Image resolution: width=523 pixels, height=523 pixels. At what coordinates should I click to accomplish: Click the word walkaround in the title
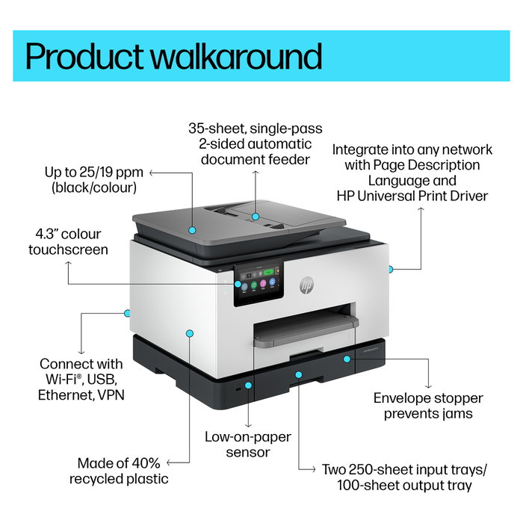click(237, 56)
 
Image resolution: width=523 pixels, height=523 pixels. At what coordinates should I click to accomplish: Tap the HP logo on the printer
click(306, 285)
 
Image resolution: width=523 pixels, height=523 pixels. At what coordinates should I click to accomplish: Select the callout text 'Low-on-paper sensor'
click(248, 445)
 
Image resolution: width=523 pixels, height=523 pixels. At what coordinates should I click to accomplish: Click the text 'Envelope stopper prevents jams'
click(428, 406)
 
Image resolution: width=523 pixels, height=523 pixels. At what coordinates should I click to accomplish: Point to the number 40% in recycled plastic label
click(146, 463)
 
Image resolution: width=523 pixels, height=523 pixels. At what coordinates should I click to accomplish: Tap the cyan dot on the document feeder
click(256, 217)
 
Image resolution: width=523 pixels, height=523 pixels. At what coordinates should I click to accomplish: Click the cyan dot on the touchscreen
click(238, 284)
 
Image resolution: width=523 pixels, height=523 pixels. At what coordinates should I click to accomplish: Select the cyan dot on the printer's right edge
click(390, 269)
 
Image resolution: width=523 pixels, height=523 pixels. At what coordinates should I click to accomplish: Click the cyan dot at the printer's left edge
click(127, 313)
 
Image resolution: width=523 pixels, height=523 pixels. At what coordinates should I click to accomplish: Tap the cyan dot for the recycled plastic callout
click(190, 333)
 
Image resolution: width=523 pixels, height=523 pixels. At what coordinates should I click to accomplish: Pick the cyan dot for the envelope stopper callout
click(347, 359)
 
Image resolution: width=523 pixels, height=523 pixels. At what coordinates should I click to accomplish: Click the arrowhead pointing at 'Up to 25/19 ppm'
click(152, 173)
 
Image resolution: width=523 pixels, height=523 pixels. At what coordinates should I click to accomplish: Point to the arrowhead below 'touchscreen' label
click(69, 264)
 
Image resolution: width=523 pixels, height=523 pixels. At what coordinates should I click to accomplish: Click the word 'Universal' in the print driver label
click(387, 196)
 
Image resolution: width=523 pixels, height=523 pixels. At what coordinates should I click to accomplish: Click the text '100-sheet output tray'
click(404, 485)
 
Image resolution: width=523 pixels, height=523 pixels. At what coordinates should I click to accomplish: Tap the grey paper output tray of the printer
click(305, 329)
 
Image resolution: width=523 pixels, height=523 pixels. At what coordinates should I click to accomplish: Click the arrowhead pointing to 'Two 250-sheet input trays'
click(312, 470)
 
